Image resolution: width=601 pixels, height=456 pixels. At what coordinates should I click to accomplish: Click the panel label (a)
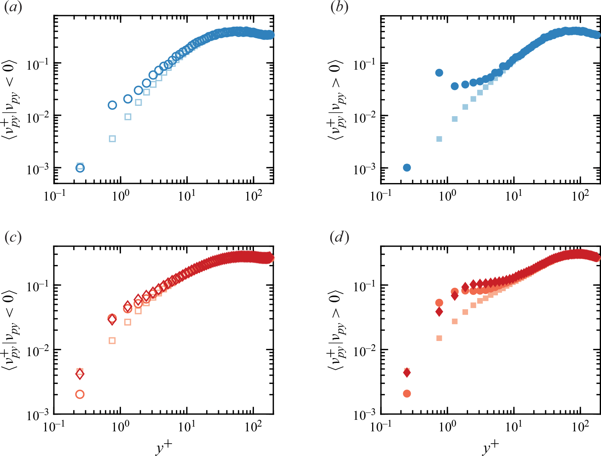pyautogui.click(x=13, y=8)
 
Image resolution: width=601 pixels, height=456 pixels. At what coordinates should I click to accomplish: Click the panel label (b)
pyautogui.click(x=340, y=8)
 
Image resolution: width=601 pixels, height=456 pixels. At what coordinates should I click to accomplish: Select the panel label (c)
pyautogui.click(x=13, y=238)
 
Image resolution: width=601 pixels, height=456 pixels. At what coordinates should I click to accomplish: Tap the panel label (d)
pyautogui.click(x=340, y=238)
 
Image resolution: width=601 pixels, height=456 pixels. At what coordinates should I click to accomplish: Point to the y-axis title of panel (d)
pyautogui.click(x=336, y=330)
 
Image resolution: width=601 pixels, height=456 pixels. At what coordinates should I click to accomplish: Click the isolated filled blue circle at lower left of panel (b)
pyautogui.click(x=407, y=168)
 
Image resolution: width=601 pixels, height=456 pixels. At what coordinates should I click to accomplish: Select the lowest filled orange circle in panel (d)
pyautogui.click(x=407, y=394)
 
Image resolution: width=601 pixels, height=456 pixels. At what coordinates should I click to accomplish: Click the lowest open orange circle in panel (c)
pyautogui.click(x=80, y=394)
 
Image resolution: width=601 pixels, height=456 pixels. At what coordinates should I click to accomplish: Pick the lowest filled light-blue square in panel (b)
pyautogui.click(x=439, y=139)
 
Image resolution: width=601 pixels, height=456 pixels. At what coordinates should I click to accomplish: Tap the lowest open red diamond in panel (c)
pyautogui.click(x=80, y=374)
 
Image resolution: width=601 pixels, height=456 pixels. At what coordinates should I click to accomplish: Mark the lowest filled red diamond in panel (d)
pyautogui.click(x=407, y=373)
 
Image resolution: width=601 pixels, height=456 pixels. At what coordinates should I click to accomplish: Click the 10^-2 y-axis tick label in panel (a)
pyautogui.click(x=38, y=117)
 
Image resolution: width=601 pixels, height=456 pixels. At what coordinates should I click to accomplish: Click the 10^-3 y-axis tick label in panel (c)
pyautogui.click(x=38, y=415)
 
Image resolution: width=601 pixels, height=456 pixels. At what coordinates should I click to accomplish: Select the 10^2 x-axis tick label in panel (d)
pyautogui.click(x=580, y=427)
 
